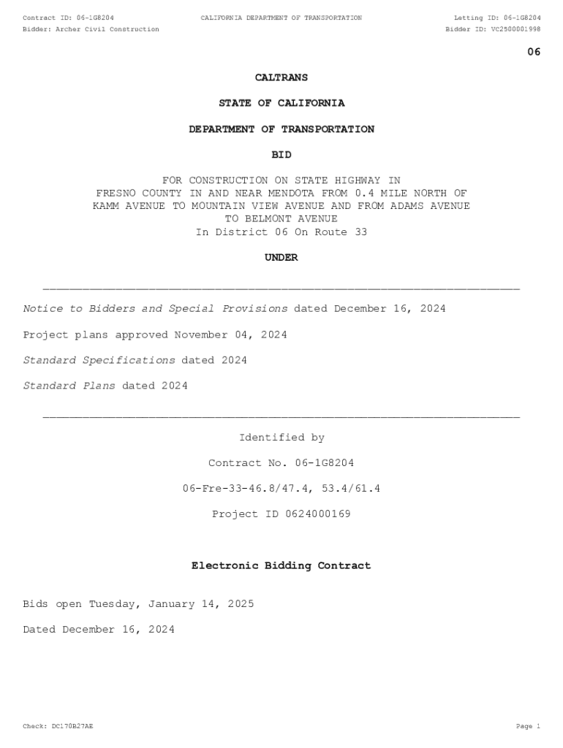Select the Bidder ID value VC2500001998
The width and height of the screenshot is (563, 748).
(515, 29)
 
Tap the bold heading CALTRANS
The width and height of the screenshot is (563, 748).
(281, 77)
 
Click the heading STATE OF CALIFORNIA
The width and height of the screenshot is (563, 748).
(281, 103)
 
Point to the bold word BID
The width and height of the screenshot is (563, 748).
(281, 155)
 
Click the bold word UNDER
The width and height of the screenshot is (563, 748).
(281, 257)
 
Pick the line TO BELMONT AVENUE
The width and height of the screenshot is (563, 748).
(281, 218)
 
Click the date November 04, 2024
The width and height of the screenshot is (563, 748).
(230, 335)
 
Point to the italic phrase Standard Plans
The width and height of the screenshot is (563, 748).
(69, 386)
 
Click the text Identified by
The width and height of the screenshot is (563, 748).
(281, 438)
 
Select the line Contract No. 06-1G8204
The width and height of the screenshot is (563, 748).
(281, 463)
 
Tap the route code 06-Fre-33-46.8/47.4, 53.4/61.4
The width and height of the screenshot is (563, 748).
(281, 489)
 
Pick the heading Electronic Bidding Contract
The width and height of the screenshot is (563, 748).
(281, 565)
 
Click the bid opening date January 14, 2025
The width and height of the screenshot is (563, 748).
(201, 604)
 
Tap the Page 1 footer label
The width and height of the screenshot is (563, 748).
(527, 726)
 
